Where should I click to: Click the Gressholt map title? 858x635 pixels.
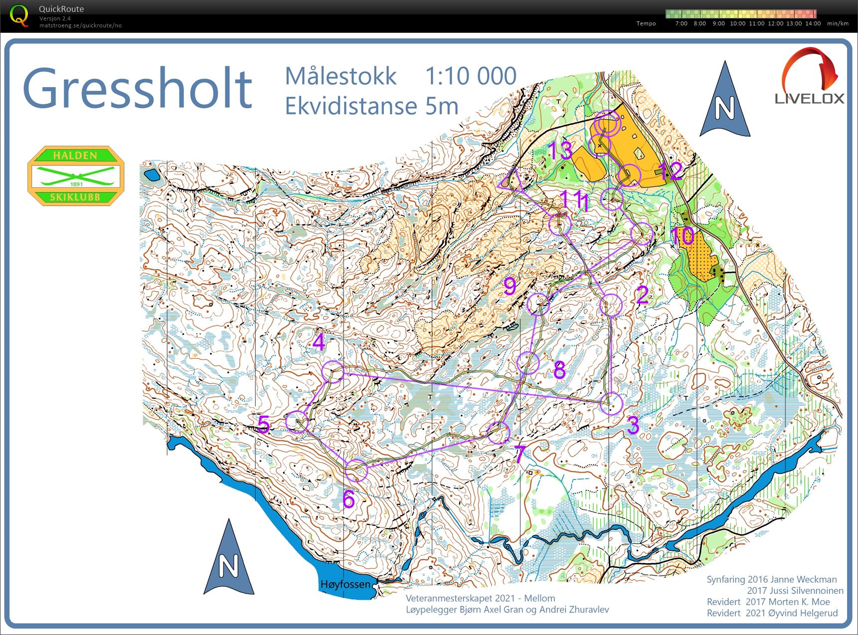138,88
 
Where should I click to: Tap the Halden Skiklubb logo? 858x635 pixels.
75,175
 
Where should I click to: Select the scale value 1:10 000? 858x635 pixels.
471,76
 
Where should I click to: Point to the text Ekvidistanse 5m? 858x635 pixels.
371,106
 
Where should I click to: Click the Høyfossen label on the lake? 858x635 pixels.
345,584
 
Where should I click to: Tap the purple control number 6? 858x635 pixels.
348,499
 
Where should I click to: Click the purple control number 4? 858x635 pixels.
319,342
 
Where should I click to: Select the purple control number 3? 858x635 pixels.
633,425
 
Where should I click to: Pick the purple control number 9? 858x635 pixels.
510,286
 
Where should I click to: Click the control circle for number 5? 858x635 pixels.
297,422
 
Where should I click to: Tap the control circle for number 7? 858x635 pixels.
498,433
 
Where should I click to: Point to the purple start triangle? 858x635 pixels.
512,180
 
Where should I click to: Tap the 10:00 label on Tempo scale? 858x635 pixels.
737,23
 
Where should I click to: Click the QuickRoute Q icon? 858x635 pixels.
19,15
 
